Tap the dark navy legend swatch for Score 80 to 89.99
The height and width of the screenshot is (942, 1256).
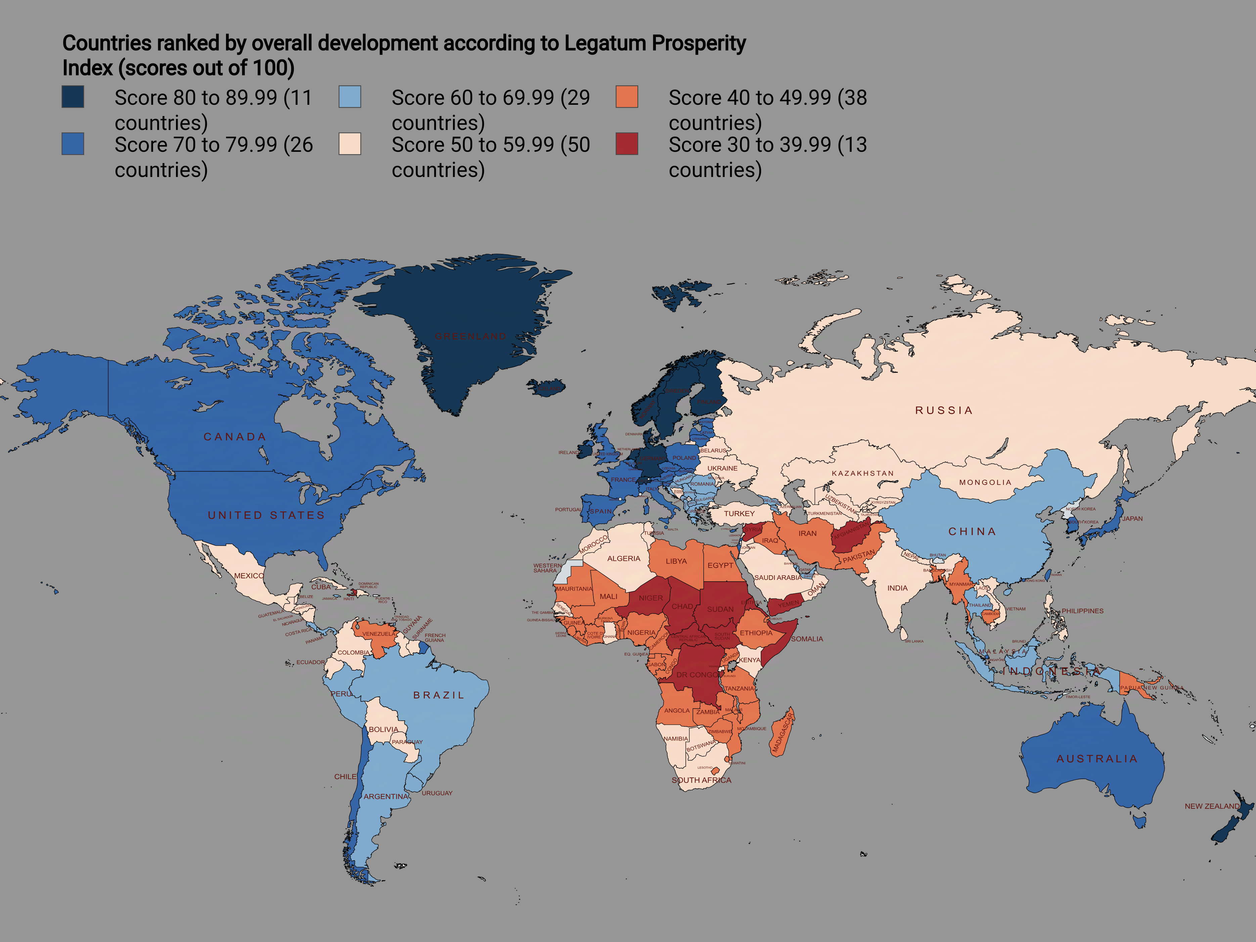(x=73, y=96)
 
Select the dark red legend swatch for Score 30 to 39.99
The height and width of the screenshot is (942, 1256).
(x=627, y=144)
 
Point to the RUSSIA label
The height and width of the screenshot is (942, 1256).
(x=944, y=410)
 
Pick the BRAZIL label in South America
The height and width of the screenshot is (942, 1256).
(x=438, y=695)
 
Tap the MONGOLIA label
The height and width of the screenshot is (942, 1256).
(x=985, y=482)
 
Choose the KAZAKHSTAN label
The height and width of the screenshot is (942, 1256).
(x=862, y=473)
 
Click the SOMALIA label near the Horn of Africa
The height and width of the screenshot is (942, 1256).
(x=807, y=639)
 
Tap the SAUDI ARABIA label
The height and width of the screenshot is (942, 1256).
(x=778, y=578)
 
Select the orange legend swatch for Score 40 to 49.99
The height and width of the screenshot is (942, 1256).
(x=627, y=96)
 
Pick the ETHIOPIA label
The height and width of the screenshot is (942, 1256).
(x=756, y=633)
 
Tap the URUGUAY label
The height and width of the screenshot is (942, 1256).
(x=437, y=793)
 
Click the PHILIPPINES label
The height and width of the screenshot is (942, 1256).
(x=1082, y=611)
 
